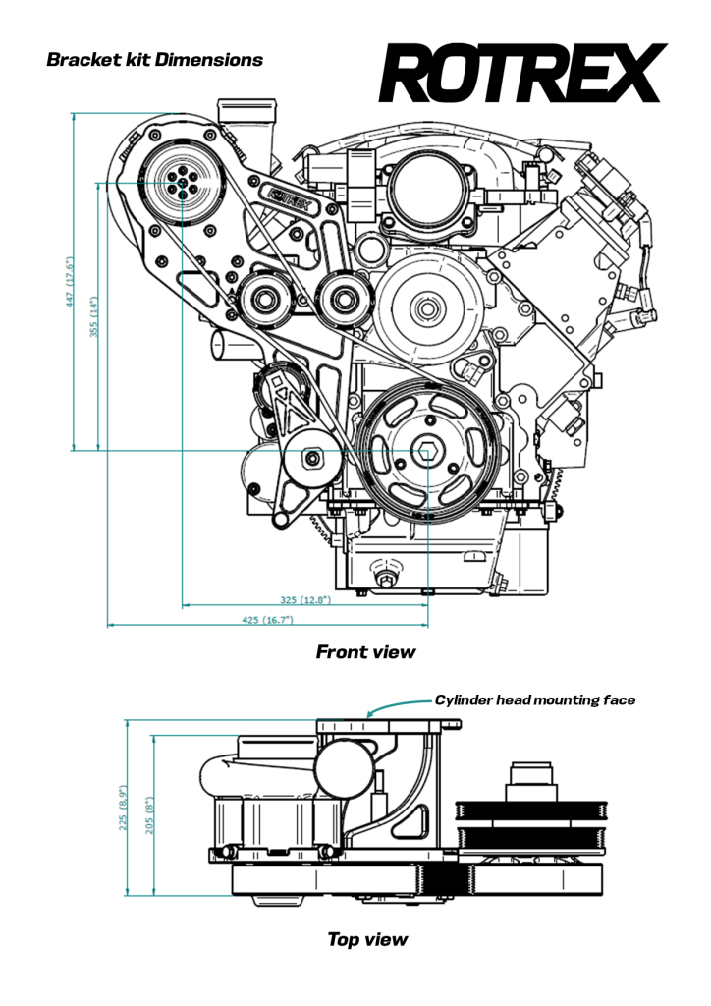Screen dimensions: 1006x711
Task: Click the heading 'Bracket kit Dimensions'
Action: (154, 60)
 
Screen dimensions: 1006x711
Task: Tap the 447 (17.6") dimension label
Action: (70, 283)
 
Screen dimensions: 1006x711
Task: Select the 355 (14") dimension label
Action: (95, 317)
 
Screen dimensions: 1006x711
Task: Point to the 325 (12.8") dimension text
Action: (305, 598)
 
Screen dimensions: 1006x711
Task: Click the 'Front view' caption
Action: (365, 651)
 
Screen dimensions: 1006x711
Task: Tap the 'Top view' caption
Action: (366, 940)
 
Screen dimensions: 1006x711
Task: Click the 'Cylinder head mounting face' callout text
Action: (534, 700)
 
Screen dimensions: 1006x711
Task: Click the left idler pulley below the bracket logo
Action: (265, 297)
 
